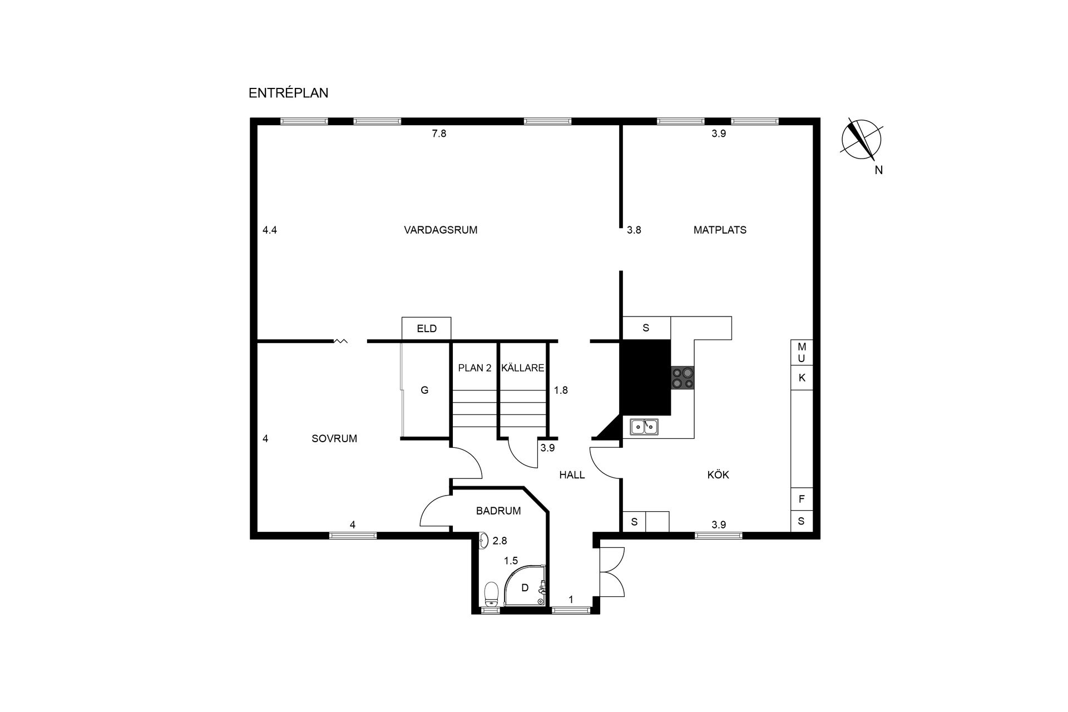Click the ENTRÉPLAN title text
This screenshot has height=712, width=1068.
coord(288,93)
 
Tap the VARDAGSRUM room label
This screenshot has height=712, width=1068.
coord(441,230)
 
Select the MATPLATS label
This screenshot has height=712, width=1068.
coord(720,230)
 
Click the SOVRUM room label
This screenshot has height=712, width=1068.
coord(334,438)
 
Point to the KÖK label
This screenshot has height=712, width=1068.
coord(718,474)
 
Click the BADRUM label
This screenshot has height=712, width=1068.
coord(498,511)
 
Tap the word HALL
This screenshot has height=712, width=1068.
coord(572,474)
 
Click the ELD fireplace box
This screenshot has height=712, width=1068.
coord(427,328)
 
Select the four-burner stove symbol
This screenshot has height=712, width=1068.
coord(683,378)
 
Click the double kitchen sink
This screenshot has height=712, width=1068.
coord(644,427)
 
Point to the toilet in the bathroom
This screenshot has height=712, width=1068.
coord(491,594)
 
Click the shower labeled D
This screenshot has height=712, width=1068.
coord(525,587)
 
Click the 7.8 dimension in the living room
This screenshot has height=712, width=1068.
coord(439,133)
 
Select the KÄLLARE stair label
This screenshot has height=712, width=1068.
coord(522,368)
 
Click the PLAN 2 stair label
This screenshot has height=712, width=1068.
coord(474,368)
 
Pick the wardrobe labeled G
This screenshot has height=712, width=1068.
coord(424,390)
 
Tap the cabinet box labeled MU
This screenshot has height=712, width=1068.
coord(802,352)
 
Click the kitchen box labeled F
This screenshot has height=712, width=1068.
coord(802,499)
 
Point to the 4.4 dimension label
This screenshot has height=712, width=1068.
coord(270,230)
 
